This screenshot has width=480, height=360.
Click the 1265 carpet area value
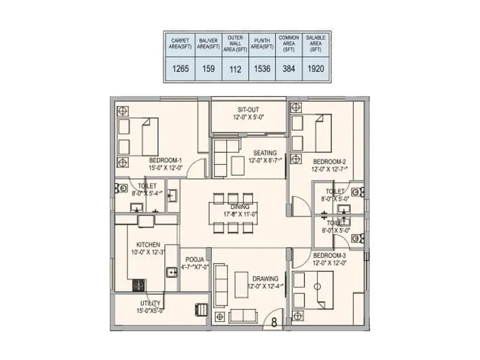tap(181, 68)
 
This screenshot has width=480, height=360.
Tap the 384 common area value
tap(289, 68)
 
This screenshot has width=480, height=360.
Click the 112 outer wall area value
tap(235, 68)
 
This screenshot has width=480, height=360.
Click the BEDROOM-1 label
tap(166, 160)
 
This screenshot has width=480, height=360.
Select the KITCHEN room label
tap(148, 245)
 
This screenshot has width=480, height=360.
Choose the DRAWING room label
tap(265, 278)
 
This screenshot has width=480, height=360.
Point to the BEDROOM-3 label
tap(329, 255)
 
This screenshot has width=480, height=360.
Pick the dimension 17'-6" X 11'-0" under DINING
tap(239, 214)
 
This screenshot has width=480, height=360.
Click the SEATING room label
tap(265, 152)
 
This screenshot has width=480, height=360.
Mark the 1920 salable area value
tap(316, 68)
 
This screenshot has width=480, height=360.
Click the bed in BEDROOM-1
tap(139, 136)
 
